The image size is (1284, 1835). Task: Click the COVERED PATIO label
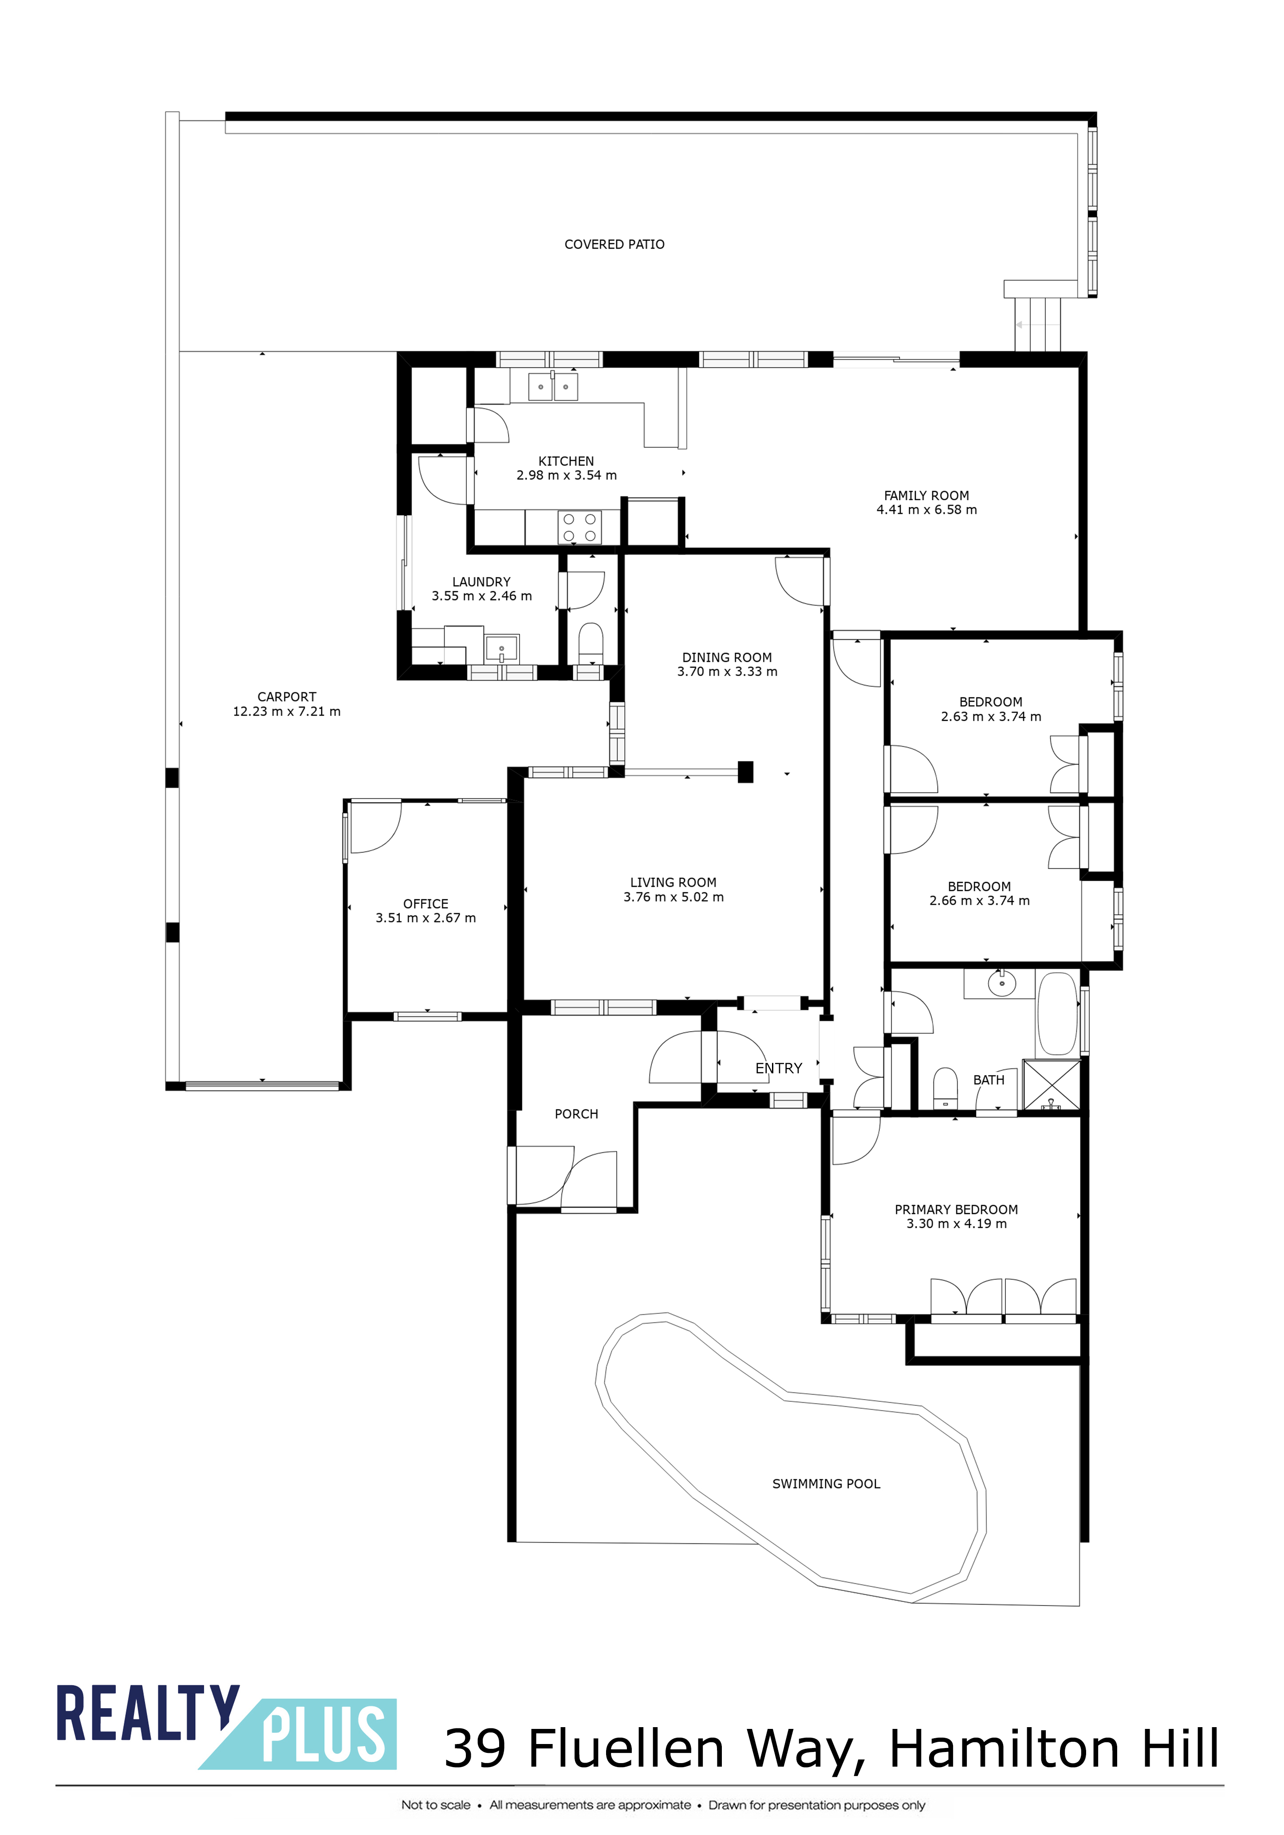pos(614,245)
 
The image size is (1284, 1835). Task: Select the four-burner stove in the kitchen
pos(579,527)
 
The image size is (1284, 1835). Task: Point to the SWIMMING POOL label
pos(826,1484)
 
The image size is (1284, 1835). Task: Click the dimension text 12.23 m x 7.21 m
pos(287,711)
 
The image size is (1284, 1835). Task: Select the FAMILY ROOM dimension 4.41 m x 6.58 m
pos(927,510)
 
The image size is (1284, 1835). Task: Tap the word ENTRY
pos(779,1068)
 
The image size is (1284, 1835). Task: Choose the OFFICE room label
pos(426,904)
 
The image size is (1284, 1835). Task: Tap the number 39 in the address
pos(476,1748)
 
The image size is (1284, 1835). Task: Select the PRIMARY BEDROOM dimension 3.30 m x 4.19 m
pos(957,1224)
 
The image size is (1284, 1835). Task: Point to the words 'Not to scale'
pos(436,1805)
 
